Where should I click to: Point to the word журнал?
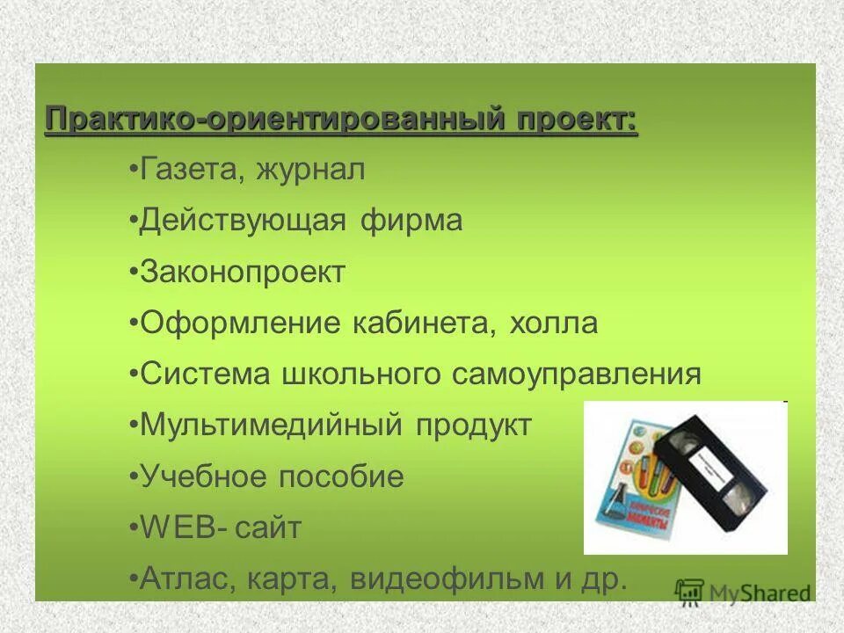(310, 170)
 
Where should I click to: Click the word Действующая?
(243, 221)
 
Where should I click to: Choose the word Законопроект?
(243, 272)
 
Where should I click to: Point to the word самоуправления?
(577, 374)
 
